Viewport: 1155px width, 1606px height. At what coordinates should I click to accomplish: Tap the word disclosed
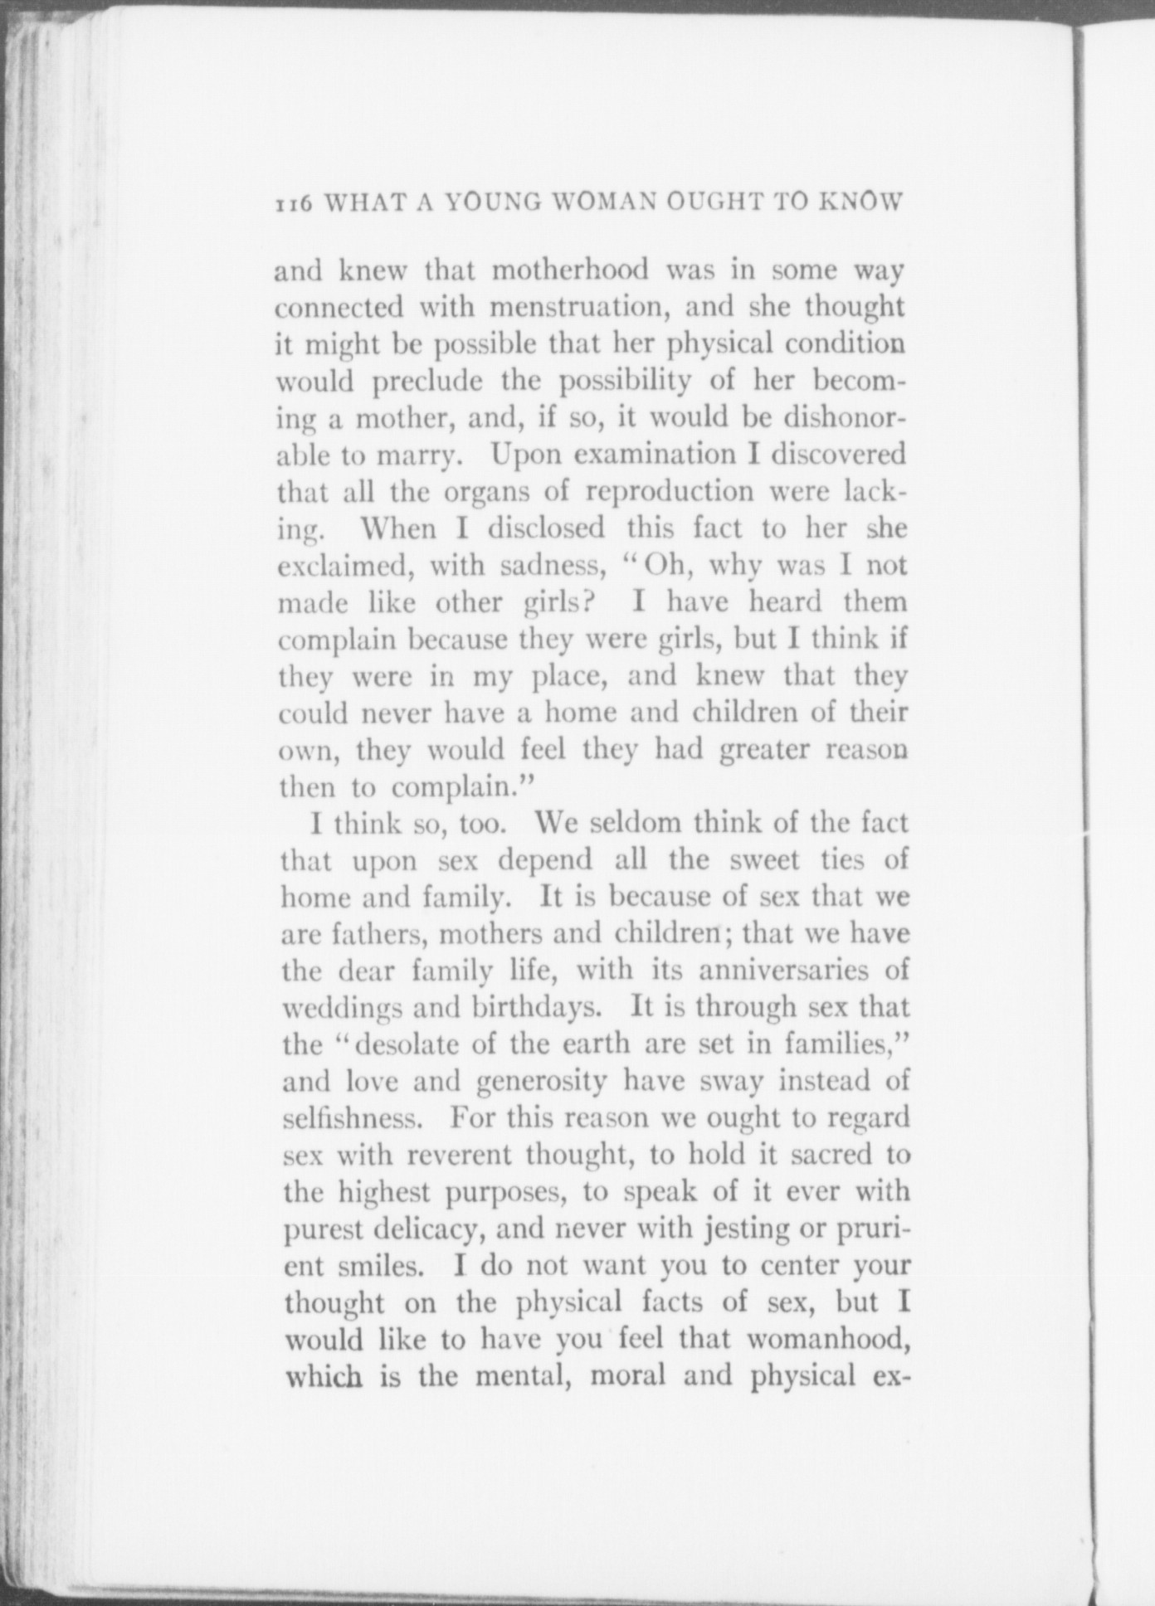546,528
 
